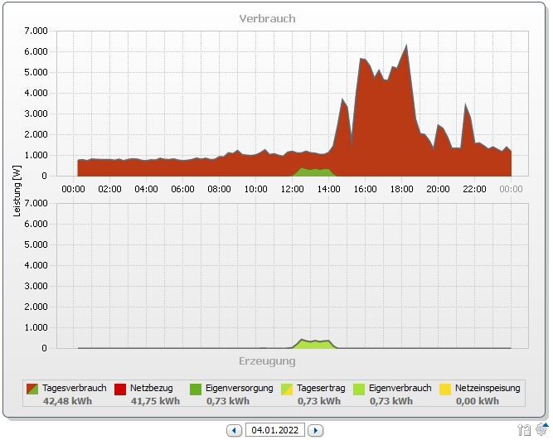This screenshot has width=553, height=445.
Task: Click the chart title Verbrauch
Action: click(x=267, y=18)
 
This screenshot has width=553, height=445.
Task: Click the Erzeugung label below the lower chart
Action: click(x=267, y=361)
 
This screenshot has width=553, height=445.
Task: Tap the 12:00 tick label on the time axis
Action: click(x=292, y=189)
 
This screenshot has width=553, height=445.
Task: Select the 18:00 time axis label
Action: click(x=401, y=189)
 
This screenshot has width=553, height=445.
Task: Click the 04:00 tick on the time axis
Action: click(x=146, y=189)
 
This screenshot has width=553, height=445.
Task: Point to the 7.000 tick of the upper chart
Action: click(x=35, y=31)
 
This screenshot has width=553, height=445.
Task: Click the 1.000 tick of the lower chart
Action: click(x=35, y=328)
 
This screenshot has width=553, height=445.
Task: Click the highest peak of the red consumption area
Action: click(x=406, y=46)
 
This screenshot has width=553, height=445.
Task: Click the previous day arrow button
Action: click(x=235, y=430)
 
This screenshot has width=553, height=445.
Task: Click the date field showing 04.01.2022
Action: click(x=275, y=430)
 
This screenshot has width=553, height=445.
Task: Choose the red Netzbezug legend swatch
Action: click(x=120, y=388)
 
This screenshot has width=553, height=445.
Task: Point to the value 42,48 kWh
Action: click(x=67, y=401)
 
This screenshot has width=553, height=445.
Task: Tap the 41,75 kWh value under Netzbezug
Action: click(x=155, y=401)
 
